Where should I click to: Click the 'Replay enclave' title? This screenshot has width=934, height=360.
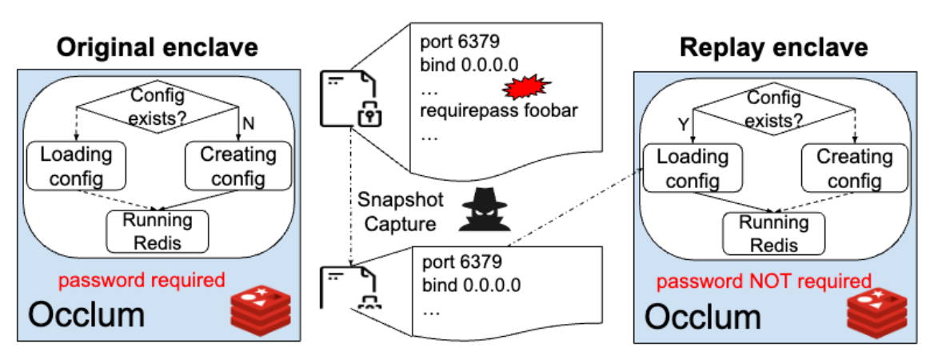(x=773, y=47)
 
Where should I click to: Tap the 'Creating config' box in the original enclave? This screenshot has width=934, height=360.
(x=232, y=166)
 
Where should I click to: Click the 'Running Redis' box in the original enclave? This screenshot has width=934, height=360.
(x=157, y=230)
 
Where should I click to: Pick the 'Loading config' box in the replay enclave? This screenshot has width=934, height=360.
(x=687, y=169)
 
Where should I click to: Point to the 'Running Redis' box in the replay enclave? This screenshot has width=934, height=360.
(x=773, y=233)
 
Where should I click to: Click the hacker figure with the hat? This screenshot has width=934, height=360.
(x=483, y=210)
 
